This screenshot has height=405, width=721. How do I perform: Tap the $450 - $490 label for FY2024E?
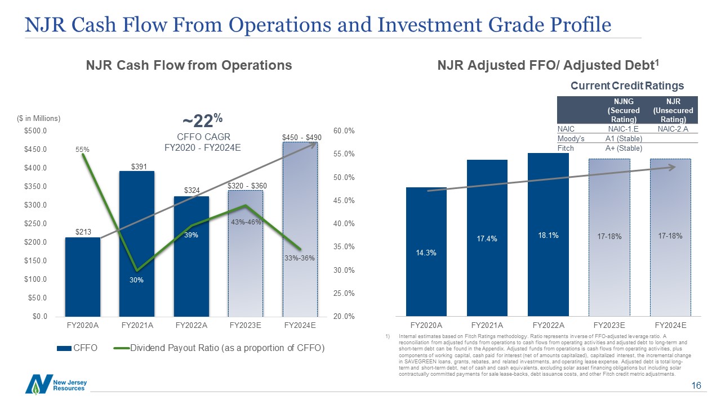(301, 137)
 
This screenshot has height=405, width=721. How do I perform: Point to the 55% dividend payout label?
(83, 150)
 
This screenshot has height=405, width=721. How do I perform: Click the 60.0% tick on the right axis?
(344, 131)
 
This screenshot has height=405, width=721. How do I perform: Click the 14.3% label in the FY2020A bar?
(426, 253)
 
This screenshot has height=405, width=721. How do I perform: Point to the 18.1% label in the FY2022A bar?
(548, 236)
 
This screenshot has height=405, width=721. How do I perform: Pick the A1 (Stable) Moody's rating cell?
(624, 139)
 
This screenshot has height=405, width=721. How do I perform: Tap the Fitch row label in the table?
(565, 148)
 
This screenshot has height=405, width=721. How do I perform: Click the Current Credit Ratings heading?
(627, 85)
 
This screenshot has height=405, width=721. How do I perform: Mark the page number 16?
(696, 386)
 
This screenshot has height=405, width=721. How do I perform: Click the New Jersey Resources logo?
(55, 385)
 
